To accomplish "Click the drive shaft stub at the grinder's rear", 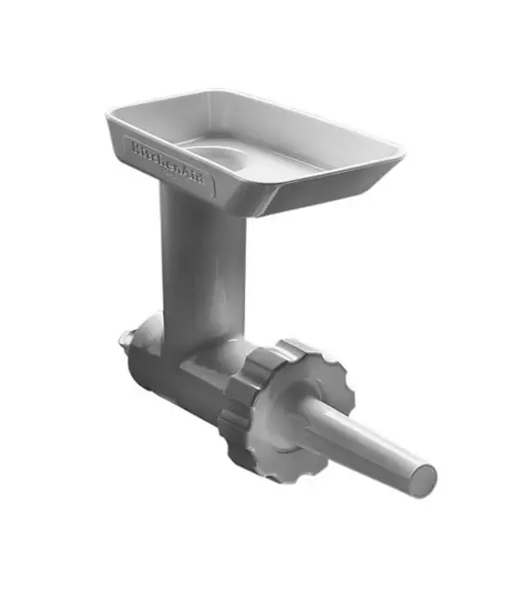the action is [126, 340].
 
